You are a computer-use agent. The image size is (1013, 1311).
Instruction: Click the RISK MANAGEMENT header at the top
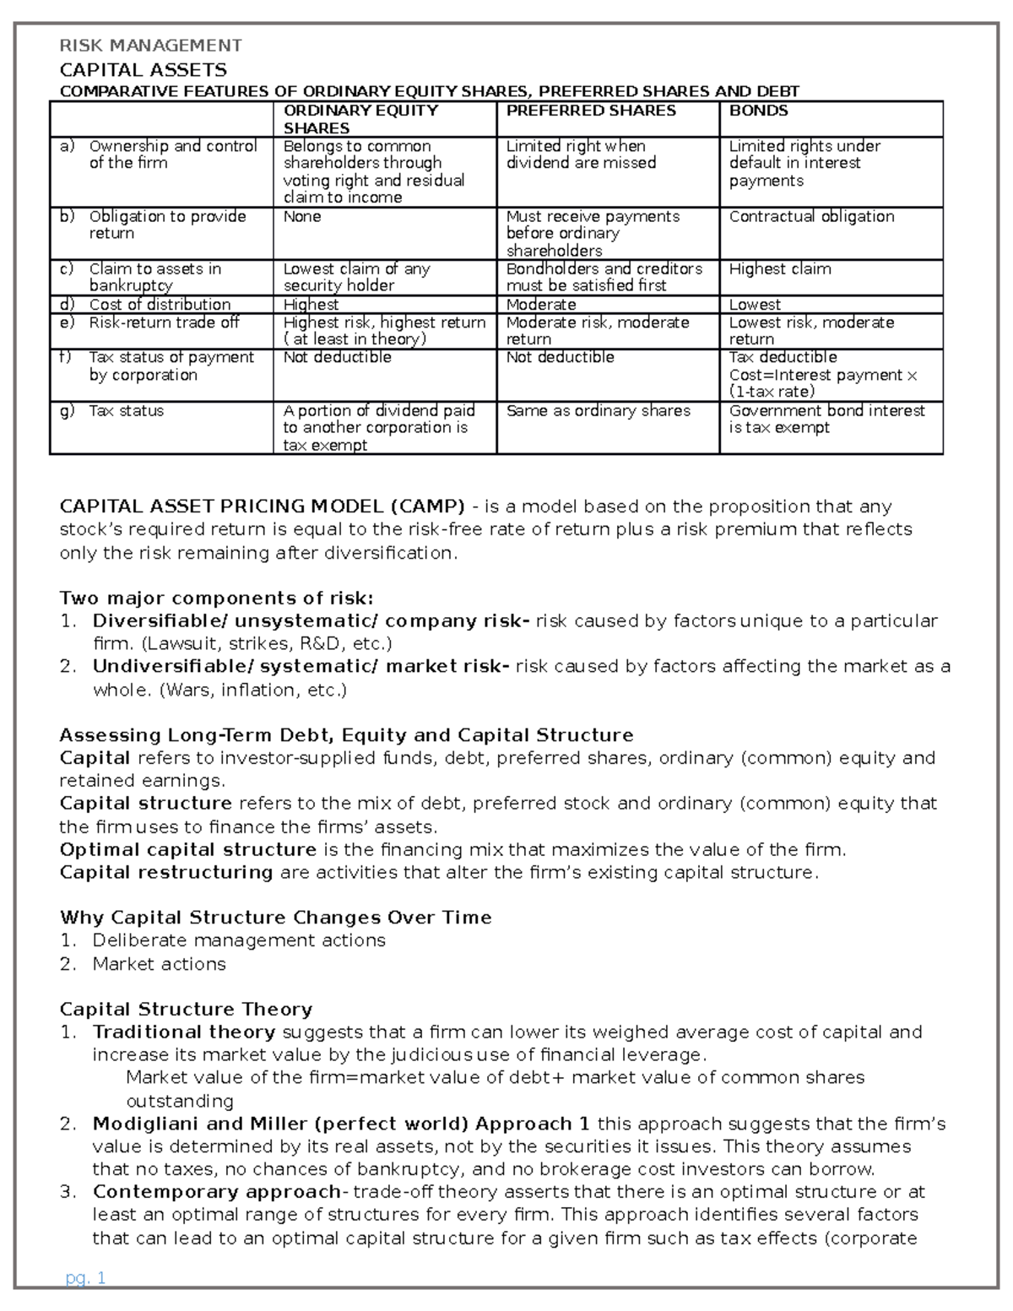click(150, 46)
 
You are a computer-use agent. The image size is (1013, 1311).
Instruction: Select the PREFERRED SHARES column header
click(591, 111)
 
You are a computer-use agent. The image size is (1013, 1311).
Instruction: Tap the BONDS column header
click(759, 111)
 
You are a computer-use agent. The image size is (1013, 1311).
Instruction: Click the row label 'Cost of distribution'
click(160, 305)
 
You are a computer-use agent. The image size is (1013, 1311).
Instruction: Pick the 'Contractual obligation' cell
click(811, 216)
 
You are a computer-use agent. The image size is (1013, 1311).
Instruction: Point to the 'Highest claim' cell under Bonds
click(780, 269)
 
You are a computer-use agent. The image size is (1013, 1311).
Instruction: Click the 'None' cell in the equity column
click(302, 217)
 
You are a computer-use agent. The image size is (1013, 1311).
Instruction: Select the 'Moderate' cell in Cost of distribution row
click(541, 305)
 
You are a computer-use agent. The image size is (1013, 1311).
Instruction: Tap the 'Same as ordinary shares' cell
click(598, 411)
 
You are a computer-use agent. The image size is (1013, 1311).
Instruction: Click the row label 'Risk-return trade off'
click(164, 322)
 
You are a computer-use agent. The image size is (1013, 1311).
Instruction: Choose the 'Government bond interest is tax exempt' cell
click(826, 419)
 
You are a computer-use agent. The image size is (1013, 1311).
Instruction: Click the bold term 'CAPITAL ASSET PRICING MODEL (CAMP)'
click(262, 507)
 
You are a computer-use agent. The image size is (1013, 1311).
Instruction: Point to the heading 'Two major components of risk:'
click(216, 599)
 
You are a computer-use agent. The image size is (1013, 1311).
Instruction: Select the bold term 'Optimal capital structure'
click(187, 849)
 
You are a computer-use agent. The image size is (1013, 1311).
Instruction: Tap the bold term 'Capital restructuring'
click(166, 872)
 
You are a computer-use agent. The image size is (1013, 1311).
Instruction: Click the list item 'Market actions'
click(159, 964)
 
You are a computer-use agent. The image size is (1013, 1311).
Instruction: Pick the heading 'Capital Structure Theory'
click(186, 1010)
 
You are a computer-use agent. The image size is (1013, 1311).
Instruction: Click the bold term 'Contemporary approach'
click(216, 1192)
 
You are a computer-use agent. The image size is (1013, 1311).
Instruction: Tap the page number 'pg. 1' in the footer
click(85, 1278)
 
